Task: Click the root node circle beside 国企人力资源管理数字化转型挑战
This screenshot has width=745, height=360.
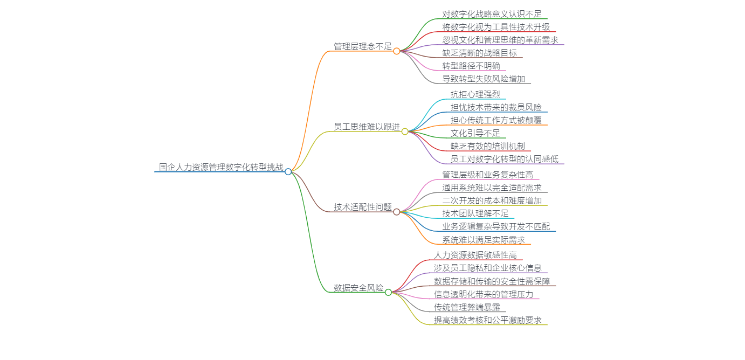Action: tap(288, 172)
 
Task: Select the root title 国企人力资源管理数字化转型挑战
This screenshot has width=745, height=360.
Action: tap(221, 167)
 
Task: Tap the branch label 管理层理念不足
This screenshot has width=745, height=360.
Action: tap(363, 46)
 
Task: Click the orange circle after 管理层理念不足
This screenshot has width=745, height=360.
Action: tap(397, 51)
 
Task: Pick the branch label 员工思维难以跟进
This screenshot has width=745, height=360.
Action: tap(367, 127)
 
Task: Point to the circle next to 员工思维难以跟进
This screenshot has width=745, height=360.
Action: tap(405, 131)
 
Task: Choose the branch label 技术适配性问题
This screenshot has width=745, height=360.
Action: tap(363, 207)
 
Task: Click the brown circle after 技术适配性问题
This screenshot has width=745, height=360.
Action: tap(397, 212)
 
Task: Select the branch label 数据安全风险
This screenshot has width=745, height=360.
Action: tap(358, 288)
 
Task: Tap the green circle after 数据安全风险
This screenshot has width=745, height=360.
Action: tap(388, 292)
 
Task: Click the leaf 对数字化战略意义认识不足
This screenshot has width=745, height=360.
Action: tap(492, 14)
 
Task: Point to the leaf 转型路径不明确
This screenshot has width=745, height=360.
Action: tap(471, 66)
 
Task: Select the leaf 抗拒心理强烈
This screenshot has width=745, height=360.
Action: tap(475, 94)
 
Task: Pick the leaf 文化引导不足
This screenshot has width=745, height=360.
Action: tap(475, 133)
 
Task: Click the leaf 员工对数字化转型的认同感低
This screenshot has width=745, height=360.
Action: tap(505, 159)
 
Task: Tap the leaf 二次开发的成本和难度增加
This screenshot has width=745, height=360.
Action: tap(492, 200)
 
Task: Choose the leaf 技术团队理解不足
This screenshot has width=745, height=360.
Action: tap(475, 213)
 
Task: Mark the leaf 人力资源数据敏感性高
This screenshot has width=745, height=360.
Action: tap(475, 255)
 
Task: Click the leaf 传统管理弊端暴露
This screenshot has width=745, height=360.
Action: tap(467, 307)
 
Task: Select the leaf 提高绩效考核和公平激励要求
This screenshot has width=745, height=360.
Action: tap(488, 320)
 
